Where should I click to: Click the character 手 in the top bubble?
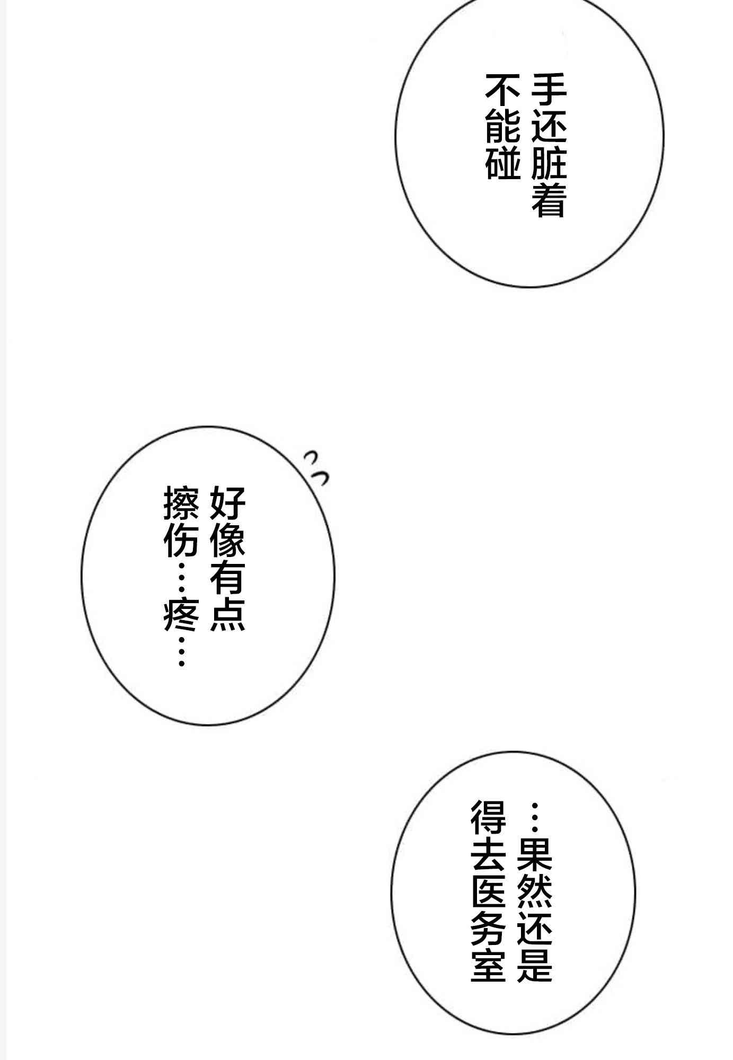tap(549, 89)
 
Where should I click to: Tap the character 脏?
tap(549, 162)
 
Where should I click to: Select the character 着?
tap(549, 199)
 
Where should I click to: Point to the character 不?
tap(502, 89)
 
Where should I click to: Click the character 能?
tap(502, 126)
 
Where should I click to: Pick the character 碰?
tap(502, 162)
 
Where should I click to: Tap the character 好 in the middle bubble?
tap(227, 503)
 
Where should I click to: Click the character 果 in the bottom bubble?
tap(535, 854)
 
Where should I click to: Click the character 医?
tap(488, 890)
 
